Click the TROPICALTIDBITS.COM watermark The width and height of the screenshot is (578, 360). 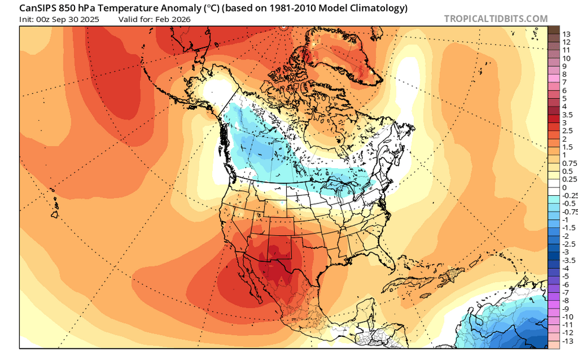(495, 18)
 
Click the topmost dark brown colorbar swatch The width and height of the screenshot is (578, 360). (553, 30)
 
